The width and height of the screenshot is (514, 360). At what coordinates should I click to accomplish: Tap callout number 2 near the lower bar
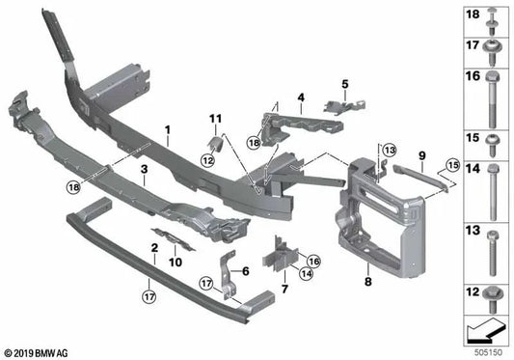(154, 248)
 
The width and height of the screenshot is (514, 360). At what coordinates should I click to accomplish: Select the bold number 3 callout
(144, 170)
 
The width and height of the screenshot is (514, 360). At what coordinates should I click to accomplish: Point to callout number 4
(301, 97)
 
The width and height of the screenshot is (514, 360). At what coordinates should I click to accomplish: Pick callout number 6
(245, 271)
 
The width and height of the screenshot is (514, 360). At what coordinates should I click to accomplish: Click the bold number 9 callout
(421, 154)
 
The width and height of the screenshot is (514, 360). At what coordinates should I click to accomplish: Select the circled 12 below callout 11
(206, 159)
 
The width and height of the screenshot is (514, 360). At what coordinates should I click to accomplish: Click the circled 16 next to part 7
(312, 262)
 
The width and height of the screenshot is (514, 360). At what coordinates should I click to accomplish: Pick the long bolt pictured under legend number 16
(490, 105)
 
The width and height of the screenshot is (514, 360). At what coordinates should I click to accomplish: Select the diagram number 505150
(491, 352)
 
